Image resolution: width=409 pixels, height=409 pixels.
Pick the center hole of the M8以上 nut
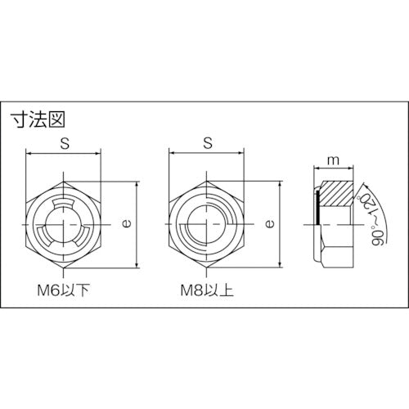pyautogui.click(x=206, y=222)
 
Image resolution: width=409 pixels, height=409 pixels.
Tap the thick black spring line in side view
pyautogui.click(x=316, y=209)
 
